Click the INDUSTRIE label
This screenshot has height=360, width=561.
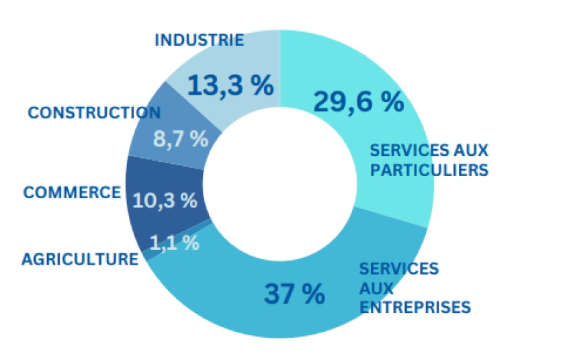pos(199,40)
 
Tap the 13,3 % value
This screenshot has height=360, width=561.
pos(230,85)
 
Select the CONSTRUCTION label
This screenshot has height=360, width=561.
pos(94,113)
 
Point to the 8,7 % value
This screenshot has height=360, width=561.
pos(181,139)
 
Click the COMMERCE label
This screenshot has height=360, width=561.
pos(72,193)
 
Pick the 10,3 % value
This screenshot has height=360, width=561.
pos(165,199)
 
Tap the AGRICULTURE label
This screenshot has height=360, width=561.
pos(79,259)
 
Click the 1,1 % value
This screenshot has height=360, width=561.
pos(174,242)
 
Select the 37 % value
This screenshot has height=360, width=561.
pos(294,294)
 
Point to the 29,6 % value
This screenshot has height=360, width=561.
pos(358,101)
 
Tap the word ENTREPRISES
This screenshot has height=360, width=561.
pos(415,308)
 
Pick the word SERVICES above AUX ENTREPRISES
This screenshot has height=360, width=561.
pos(398,269)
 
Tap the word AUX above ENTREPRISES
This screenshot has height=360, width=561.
pos(374,288)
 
